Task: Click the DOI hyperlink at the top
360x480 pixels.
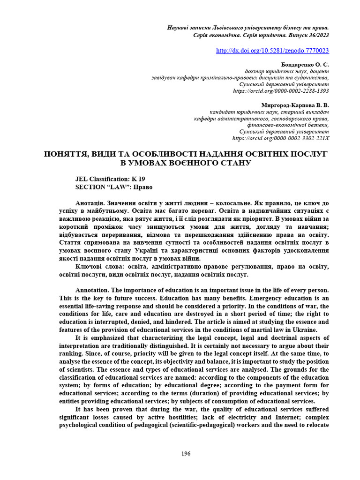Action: (x=272, y=51)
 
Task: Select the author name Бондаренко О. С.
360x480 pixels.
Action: (x=305, y=64)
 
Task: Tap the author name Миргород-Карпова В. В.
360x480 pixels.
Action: (x=295, y=105)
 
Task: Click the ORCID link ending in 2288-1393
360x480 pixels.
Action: (x=281, y=91)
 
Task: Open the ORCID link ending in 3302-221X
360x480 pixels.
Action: (x=281, y=138)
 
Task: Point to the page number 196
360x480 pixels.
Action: (x=186, y=453)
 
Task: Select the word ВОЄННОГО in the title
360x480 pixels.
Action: (x=197, y=163)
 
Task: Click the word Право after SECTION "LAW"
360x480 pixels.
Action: (x=143, y=187)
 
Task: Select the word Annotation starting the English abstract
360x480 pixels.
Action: (x=92, y=291)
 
